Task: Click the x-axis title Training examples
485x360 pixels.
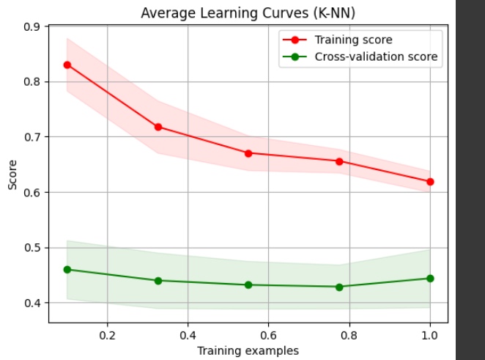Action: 248,350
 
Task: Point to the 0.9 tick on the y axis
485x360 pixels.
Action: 32,27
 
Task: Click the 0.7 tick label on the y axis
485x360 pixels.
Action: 32,137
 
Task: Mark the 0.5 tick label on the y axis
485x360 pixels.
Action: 32,248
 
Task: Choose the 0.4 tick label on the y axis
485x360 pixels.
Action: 32,303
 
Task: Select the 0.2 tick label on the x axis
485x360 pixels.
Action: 107,335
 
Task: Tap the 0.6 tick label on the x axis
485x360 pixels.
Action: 268,335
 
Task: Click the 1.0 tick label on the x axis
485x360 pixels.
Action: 429,335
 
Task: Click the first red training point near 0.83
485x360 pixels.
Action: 67,65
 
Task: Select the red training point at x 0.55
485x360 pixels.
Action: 248,153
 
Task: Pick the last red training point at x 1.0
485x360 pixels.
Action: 430,181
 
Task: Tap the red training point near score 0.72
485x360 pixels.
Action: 158,127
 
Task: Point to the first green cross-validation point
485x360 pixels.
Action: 67,269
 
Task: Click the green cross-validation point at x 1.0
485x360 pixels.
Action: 430,278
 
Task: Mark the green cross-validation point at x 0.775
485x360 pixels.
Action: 339,287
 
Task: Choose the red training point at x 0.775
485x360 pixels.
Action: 339,161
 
